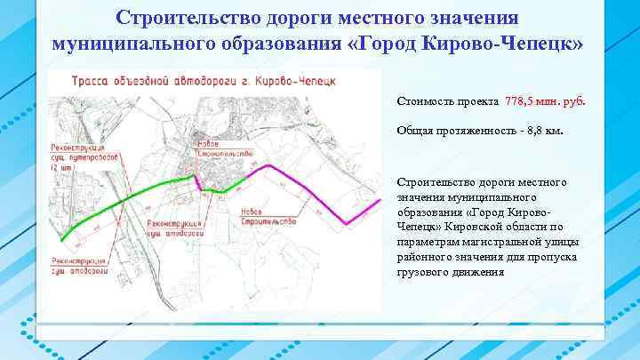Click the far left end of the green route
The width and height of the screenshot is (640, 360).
tap(60, 240)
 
